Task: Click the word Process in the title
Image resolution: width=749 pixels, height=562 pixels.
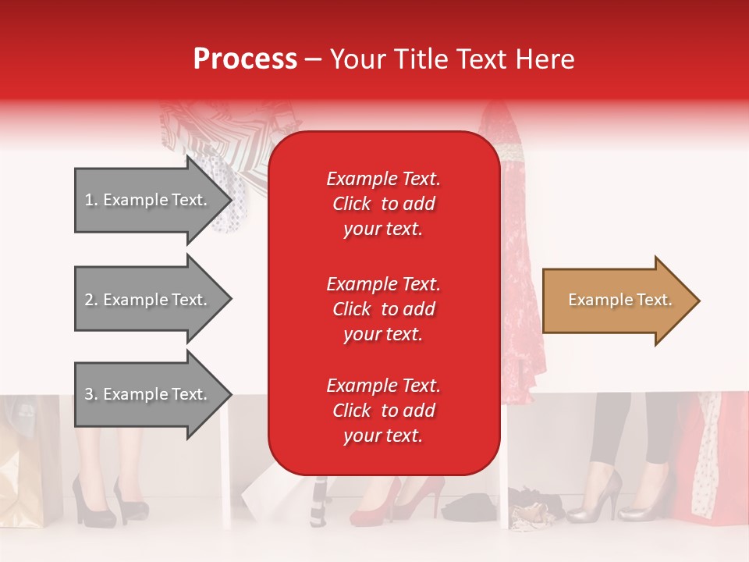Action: coord(245,59)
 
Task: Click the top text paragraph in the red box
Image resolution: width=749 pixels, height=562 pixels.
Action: coord(383,204)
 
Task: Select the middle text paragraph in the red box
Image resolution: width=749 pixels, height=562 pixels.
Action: coord(383,309)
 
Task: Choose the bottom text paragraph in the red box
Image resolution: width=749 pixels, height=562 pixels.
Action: coord(383,411)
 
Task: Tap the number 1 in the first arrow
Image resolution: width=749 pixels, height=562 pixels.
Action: coord(88,200)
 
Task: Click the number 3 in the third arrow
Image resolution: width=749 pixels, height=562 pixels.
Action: coord(88,394)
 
